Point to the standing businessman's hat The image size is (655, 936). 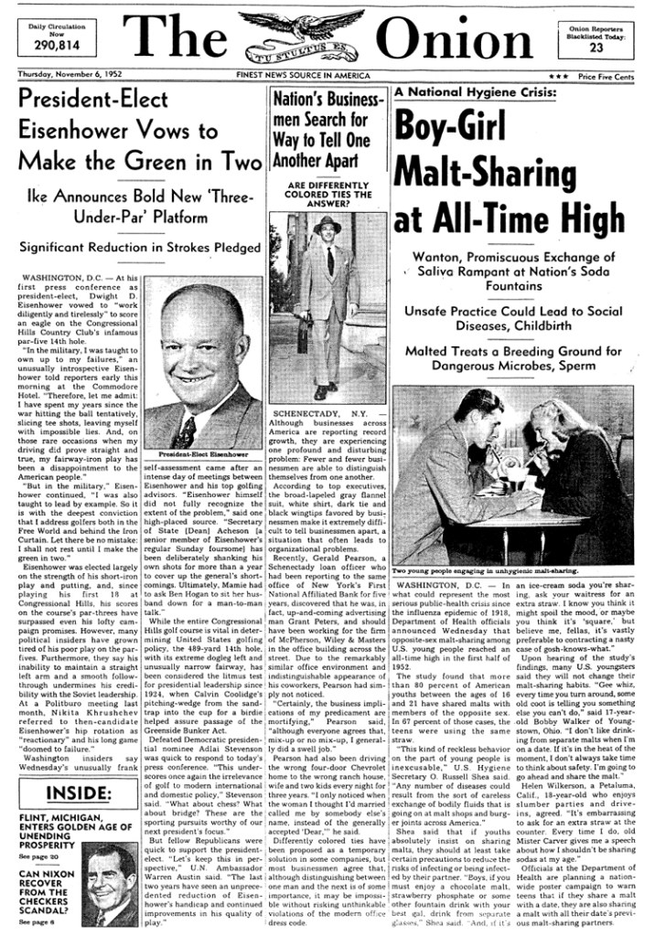[327, 224]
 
